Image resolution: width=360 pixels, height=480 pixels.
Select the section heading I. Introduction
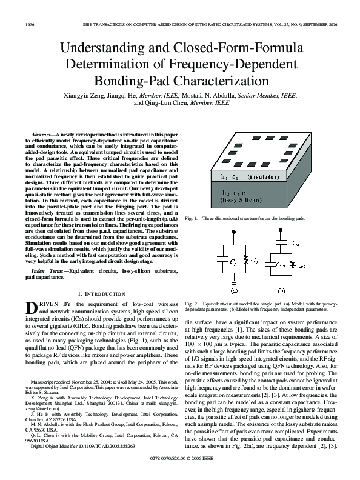point(99,293)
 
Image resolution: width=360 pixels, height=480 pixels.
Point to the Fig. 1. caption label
point(192,218)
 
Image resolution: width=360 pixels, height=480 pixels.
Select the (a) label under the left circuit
point(234,290)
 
